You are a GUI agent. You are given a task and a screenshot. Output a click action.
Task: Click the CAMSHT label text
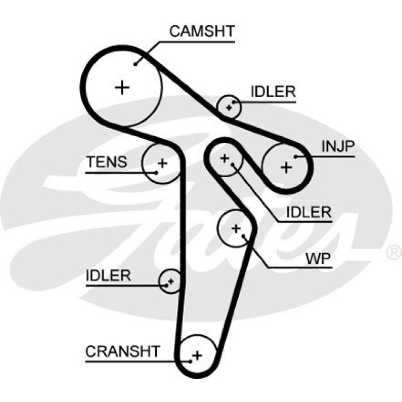(x=202, y=31)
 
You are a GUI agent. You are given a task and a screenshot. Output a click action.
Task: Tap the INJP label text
(x=338, y=148)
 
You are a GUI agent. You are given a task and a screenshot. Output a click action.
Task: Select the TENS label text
(x=107, y=162)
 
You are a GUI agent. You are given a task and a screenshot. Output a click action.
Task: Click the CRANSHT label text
(x=123, y=351)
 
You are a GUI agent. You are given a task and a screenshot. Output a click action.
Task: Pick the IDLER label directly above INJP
(x=273, y=92)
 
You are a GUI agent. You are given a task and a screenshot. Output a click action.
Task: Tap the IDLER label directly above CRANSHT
(x=109, y=276)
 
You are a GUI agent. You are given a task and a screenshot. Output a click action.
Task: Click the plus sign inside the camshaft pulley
(x=122, y=87)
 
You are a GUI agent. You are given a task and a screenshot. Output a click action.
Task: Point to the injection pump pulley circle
(x=286, y=167)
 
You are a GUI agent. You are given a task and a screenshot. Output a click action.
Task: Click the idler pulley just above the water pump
(x=225, y=158)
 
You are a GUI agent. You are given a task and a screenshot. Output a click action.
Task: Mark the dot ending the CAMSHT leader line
(x=136, y=63)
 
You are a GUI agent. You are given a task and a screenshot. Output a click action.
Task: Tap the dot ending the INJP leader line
(x=295, y=156)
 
